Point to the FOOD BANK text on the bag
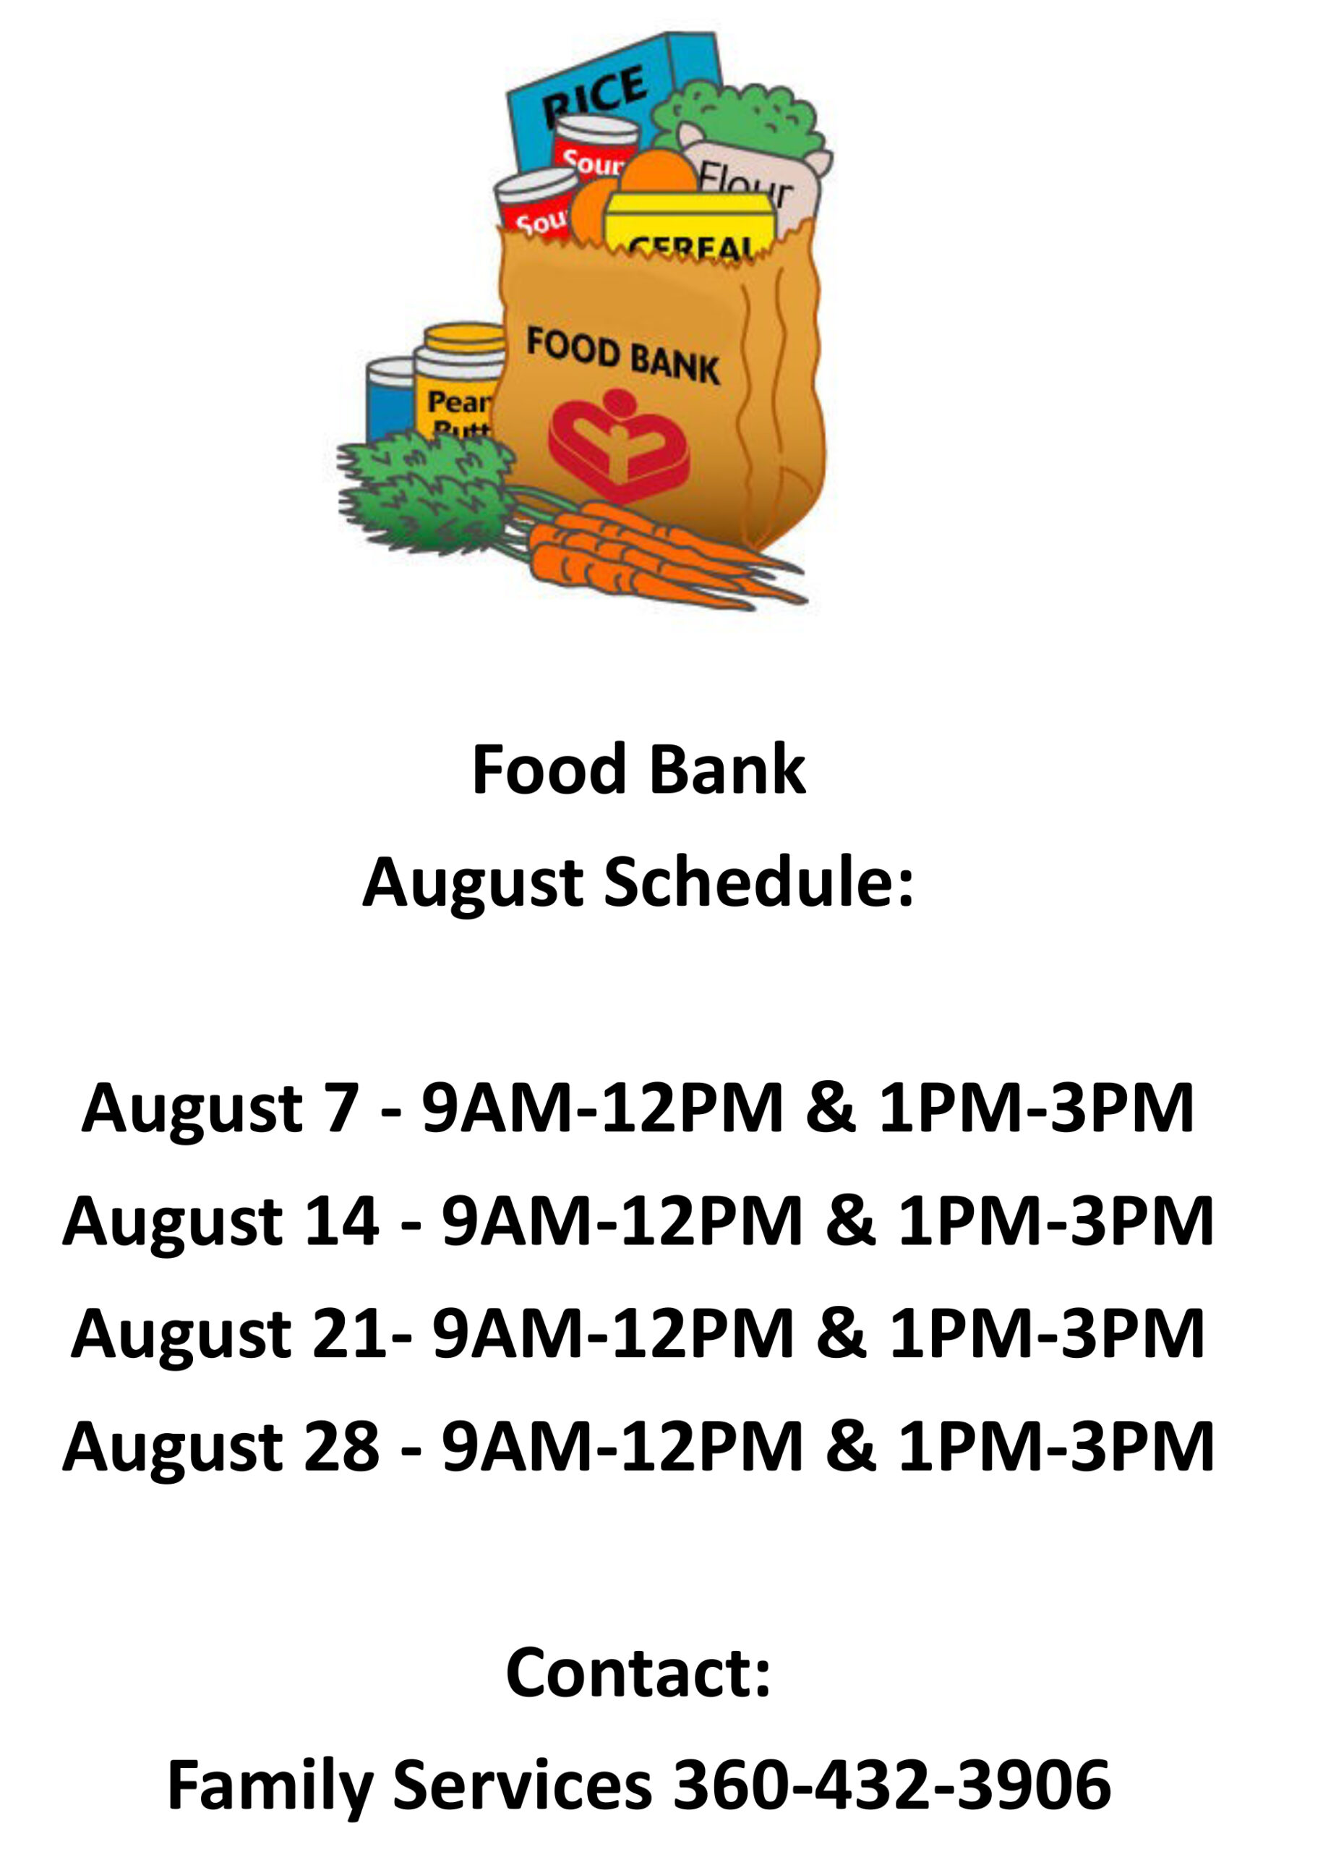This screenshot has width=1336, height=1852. (622, 355)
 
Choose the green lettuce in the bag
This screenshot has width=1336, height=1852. (739, 119)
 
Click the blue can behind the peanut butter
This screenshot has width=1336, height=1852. (391, 400)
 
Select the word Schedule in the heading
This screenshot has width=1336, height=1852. (759, 883)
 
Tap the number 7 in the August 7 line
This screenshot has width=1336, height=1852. (341, 1108)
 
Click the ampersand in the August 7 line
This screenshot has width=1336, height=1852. (831, 1108)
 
